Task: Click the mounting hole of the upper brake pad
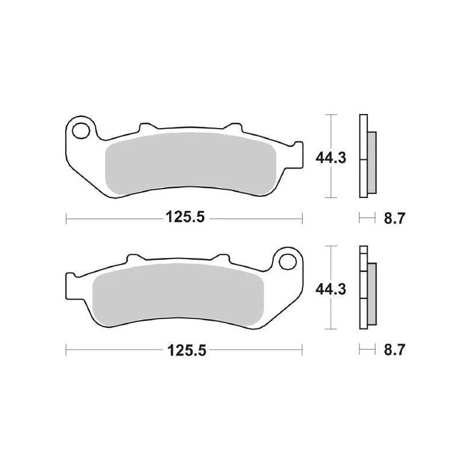click(81, 131)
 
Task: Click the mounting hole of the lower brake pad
click(287, 261)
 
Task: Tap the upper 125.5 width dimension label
click(185, 217)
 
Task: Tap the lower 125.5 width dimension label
click(187, 350)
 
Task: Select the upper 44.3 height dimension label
click(331, 157)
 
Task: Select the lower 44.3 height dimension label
click(331, 290)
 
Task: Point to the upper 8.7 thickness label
click(394, 218)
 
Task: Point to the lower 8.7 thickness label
click(394, 350)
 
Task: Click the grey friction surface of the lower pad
click(179, 295)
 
